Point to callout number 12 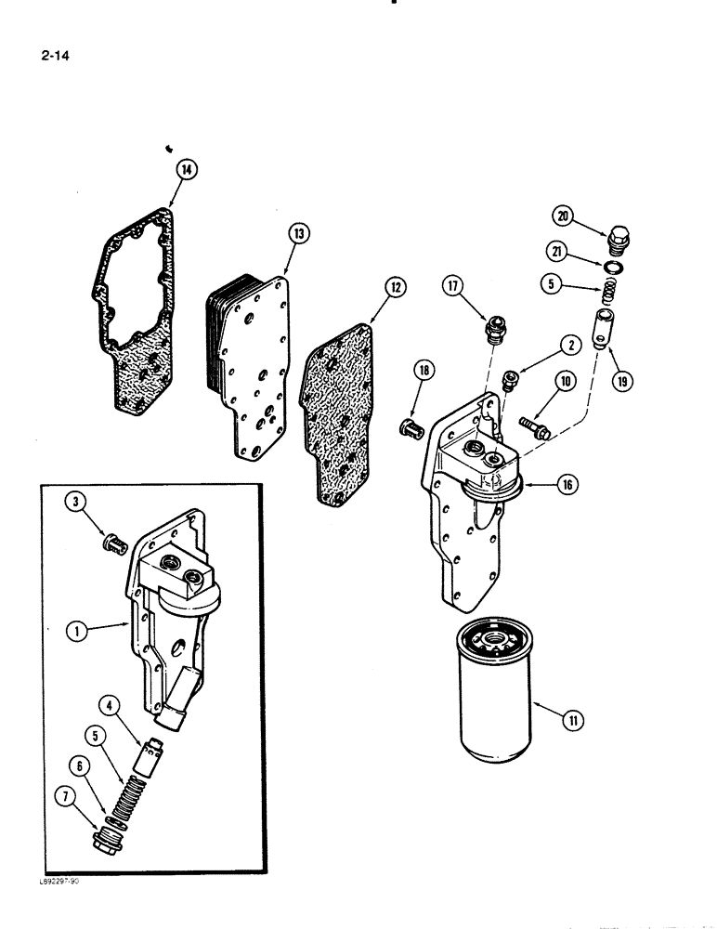[x=395, y=288]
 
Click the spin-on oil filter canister [x=497, y=687]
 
